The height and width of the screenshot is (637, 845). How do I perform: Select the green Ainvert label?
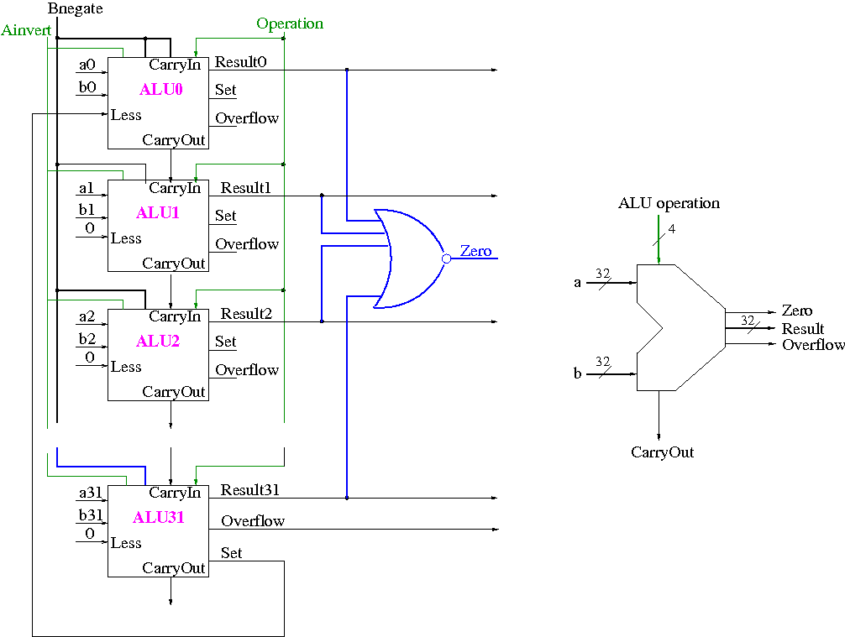[27, 31]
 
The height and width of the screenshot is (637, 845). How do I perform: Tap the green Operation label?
[290, 23]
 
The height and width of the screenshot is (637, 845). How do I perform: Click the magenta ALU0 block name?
[161, 90]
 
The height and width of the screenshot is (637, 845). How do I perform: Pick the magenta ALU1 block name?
[158, 213]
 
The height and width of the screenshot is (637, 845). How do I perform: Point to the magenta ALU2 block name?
[158, 342]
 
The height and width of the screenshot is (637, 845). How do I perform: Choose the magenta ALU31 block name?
[158, 518]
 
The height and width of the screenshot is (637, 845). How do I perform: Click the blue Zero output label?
[475, 251]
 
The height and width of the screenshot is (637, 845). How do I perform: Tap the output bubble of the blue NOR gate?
[447, 258]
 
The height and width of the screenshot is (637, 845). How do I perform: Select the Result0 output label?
[241, 62]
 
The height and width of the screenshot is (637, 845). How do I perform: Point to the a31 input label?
[89, 493]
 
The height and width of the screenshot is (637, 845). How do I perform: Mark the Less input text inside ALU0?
[126, 115]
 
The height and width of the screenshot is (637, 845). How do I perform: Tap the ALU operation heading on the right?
[669, 203]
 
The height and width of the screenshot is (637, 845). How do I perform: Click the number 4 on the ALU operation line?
[672, 229]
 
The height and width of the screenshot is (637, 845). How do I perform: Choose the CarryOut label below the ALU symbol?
[663, 452]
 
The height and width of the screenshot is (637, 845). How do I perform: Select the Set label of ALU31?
[232, 553]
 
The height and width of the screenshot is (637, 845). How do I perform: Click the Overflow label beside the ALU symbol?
[813, 345]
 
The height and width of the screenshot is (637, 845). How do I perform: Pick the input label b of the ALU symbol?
[578, 373]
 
